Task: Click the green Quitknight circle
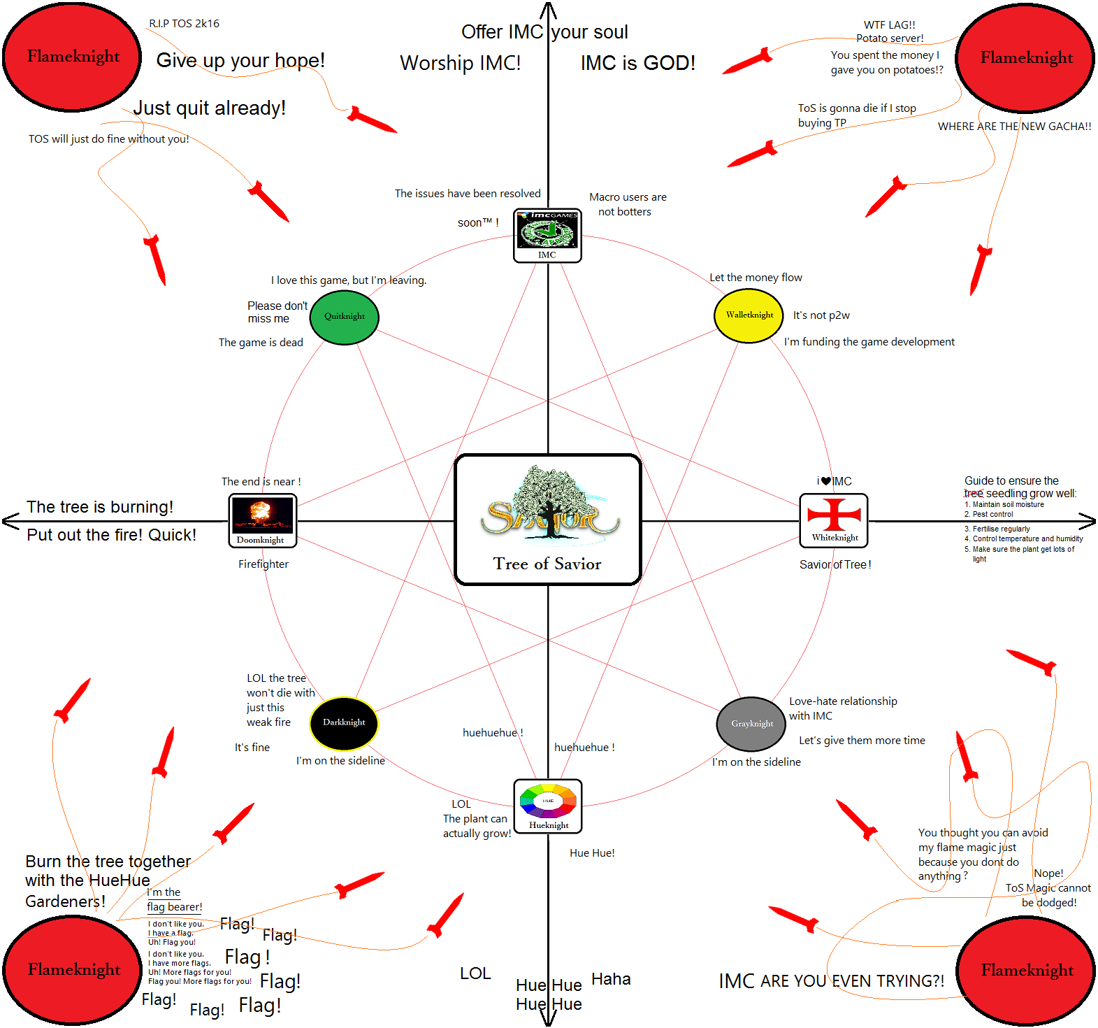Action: coord(344,317)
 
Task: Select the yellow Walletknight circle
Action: coord(749,315)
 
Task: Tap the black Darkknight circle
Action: coord(344,722)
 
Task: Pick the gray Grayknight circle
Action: coord(752,723)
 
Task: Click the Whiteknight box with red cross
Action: coord(834,521)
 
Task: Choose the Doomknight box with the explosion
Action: coord(263,521)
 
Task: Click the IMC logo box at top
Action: coord(547,236)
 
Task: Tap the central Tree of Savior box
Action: coord(548,520)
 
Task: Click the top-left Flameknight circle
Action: coord(73,57)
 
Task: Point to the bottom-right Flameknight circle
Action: coord(1026,970)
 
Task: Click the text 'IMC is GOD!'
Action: coord(637,63)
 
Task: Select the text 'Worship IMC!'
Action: coord(460,63)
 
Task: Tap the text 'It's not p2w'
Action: coord(821,315)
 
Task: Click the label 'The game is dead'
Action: coord(261,343)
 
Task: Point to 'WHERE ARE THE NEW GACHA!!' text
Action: coord(1014,127)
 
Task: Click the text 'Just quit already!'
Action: coord(209,108)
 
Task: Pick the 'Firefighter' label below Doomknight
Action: coord(263,564)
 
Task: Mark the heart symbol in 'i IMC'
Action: coord(826,481)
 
